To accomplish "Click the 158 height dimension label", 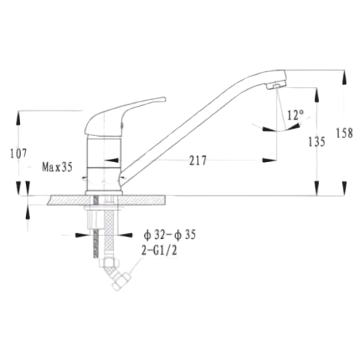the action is pos(344,133).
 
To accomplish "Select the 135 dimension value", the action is pos(317,142).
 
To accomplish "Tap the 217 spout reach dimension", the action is pos(198,161).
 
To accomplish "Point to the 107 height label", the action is pos(19,153).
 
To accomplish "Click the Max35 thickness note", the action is pos(57,167).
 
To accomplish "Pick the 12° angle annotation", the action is pos(295,115).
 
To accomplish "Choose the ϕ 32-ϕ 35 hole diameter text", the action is pos(170,235).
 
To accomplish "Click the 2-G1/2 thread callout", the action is pos(159,251).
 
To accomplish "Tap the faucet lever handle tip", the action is pos(164,99).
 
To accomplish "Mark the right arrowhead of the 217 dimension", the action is pos(269,161).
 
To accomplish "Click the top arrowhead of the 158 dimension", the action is pos(344,78).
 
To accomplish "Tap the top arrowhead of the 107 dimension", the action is pos(19,118).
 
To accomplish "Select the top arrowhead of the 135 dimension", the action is pos(317,95).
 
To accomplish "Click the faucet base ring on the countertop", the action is pos(104,193).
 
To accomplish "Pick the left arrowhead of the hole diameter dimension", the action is pos(82,235).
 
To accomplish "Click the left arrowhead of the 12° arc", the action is pos(269,129).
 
